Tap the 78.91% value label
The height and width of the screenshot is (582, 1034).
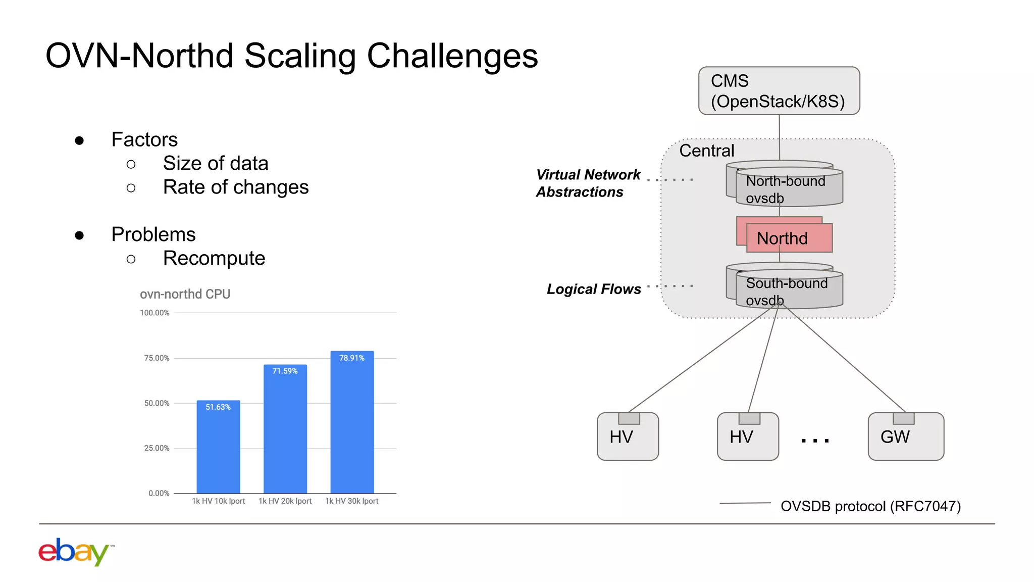click(x=351, y=358)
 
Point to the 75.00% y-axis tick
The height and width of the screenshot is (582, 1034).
click(x=157, y=358)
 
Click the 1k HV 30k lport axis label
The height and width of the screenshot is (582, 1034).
click(x=351, y=501)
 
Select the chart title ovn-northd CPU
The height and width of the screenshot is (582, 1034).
click(x=185, y=294)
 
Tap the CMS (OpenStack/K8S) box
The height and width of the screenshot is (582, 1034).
click(x=779, y=91)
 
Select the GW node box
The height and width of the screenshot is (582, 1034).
click(x=905, y=437)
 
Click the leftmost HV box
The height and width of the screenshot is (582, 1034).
click(x=628, y=437)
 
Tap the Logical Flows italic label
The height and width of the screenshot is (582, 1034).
click(x=594, y=289)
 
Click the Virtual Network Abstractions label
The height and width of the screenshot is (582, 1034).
click(x=588, y=183)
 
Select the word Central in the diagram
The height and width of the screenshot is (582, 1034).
click(x=706, y=151)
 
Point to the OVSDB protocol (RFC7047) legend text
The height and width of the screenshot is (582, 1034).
click(x=870, y=506)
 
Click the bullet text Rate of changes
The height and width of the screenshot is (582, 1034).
click(x=235, y=187)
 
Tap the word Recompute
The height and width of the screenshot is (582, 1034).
click(x=214, y=259)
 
